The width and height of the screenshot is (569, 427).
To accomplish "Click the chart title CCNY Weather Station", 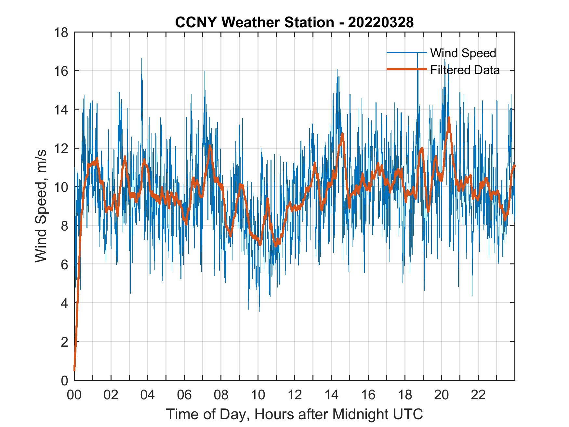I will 294,23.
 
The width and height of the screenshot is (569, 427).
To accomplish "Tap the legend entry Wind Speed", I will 463,53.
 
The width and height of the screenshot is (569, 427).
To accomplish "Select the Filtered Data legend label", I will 465,70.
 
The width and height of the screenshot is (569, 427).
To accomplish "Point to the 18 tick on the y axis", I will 61,32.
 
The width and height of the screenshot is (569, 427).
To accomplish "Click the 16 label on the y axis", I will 61,71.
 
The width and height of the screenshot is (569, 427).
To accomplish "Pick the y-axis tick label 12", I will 61,148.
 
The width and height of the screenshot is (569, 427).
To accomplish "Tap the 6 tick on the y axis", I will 64,264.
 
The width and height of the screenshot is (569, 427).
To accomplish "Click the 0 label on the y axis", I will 64,380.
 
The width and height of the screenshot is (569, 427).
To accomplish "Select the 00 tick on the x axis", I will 74,395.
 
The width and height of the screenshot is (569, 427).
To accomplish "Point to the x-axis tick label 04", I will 148,395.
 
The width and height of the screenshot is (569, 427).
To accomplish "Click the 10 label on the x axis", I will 258,395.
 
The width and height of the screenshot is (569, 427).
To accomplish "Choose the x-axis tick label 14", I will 331,395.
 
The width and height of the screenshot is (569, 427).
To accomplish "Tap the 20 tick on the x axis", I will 442,395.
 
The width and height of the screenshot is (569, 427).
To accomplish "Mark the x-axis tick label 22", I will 478,395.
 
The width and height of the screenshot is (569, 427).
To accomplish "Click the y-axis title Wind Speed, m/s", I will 41,206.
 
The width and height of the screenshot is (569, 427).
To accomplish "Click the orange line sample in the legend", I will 406,69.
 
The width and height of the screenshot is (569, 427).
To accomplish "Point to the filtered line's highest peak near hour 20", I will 449,118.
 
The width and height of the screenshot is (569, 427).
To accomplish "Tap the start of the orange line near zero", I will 74,370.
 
